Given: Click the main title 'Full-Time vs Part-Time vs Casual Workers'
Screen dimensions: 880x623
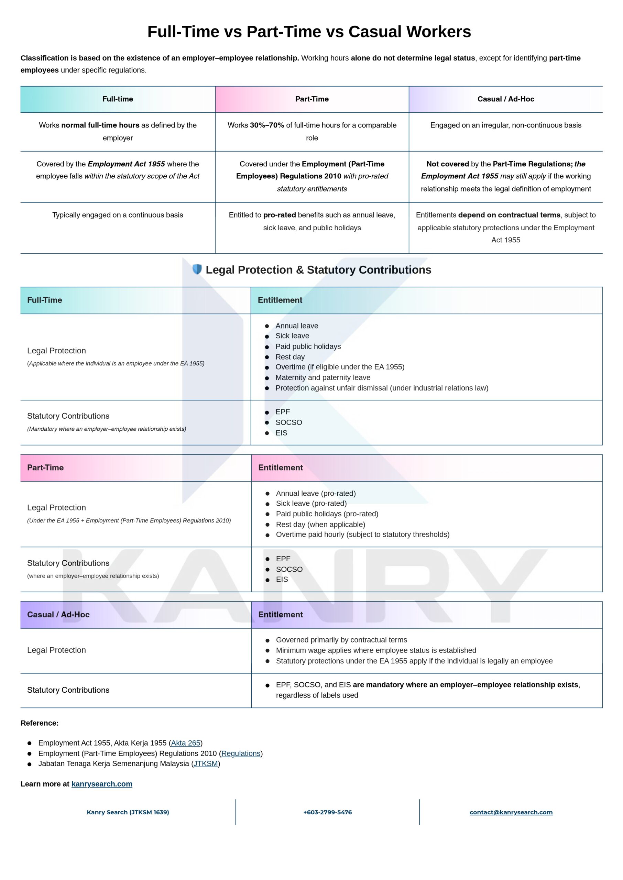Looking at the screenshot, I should [309, 31].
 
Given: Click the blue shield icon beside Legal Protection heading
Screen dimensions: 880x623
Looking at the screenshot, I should [197, 269].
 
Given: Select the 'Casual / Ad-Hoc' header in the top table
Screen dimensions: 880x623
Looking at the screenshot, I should [506, 99].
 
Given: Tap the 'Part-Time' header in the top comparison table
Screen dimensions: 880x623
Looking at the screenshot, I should [312, 99].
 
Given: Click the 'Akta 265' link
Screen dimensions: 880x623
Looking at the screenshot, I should [186, 743].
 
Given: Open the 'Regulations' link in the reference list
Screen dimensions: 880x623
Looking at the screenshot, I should [241, 753].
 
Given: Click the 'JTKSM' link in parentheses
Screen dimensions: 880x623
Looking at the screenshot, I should [206, 763].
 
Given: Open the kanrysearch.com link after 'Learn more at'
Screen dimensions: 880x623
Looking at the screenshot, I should [102, 784].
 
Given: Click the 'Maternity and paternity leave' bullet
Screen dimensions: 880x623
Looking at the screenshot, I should [323, 377].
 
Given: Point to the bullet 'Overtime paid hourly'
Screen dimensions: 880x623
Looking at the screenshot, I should [362, 534].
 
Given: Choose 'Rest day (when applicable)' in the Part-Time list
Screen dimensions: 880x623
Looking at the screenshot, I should [320, 524].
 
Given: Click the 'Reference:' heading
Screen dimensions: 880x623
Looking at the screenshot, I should [40, 723].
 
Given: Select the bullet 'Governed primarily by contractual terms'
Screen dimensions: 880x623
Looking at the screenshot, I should [341, 640].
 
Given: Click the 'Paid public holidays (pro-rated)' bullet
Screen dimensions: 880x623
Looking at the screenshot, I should [327, 514].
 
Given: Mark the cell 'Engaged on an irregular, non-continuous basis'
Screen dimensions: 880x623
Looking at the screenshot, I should [506, 125].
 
